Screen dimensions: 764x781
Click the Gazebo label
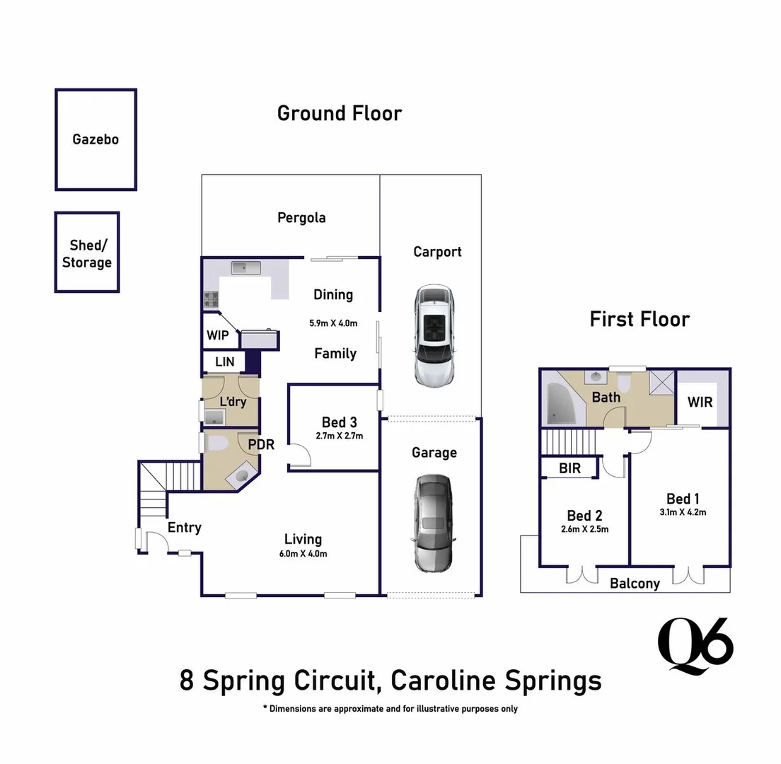coord(96,139)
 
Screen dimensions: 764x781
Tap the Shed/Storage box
coord(87,253)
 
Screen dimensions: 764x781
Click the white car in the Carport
coord(435,335)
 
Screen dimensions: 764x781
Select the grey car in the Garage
coord(432,523)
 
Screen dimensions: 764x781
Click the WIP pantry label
coord(217,335)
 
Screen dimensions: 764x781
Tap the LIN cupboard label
coord(224,362)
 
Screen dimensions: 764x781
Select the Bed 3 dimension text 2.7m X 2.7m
coord(339,436)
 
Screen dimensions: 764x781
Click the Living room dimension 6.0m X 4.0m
coord(303,554)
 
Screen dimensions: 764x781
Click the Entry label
coord(184,527)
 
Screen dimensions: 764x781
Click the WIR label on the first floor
coord(700,402)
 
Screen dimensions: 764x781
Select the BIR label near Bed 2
coord(569,468)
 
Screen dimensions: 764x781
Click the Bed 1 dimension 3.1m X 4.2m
coord(682,513)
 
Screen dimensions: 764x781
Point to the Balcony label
coord(635,584)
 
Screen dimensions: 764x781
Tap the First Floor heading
coord(639,319)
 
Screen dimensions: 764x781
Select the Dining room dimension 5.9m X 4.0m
coord(333,323)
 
